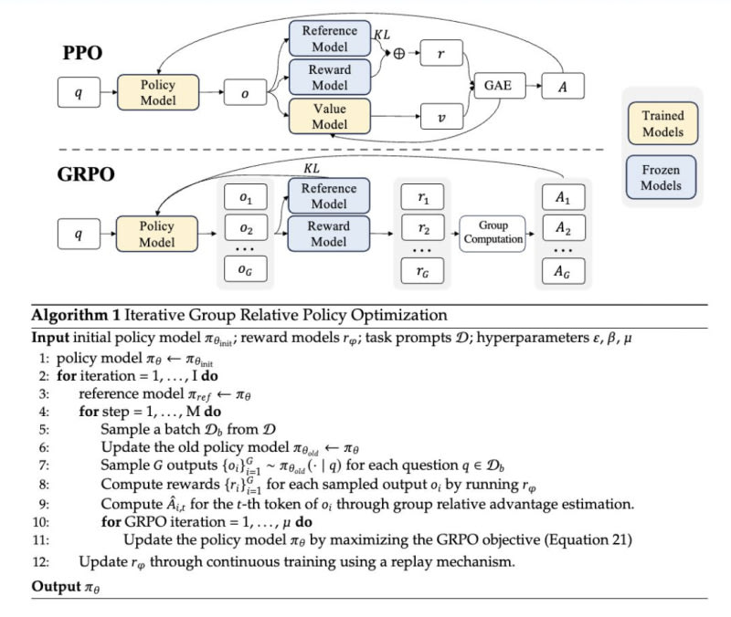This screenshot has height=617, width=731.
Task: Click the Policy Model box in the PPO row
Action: tap(158, 93)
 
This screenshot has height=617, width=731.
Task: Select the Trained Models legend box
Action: tap(662, 124)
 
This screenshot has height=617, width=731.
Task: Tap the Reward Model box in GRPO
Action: tap(328, 233)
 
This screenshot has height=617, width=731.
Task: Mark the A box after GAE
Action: tap(563, 86)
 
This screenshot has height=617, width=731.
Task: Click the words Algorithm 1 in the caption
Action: tap(69, 315)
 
